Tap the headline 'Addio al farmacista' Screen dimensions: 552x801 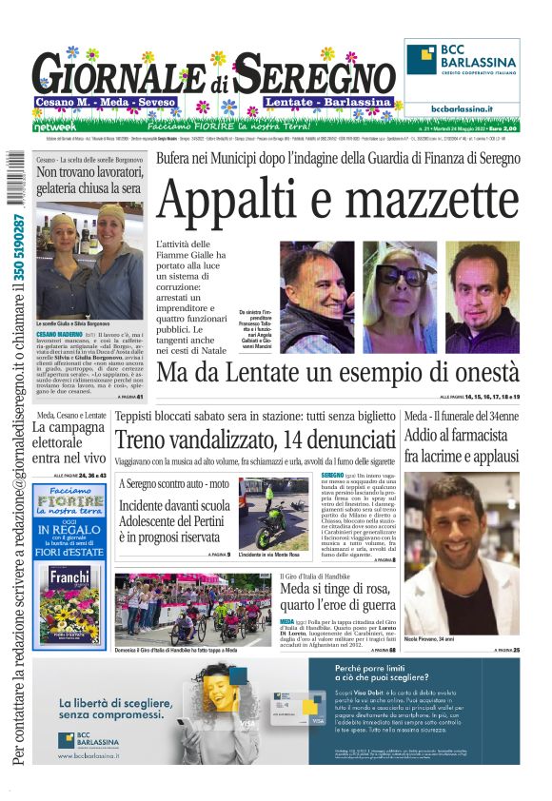461,437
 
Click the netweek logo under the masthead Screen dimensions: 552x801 53,125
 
